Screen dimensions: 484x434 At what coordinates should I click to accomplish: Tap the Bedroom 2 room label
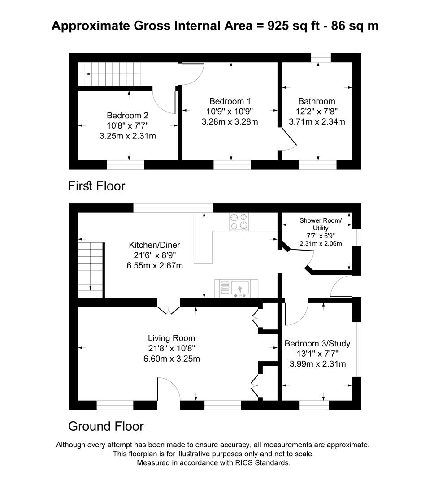pos(127,115)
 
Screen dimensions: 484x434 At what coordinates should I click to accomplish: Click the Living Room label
pos(172,338)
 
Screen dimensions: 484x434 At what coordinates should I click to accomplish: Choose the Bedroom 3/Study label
pos(317,344)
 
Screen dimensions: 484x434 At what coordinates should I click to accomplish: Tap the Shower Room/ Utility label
pos(321,224)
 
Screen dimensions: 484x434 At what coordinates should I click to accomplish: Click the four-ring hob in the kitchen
pos(239,221)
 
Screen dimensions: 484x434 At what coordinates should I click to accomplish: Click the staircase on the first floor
pos(110,74)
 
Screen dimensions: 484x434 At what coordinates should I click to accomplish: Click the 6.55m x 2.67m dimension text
pos(155,265)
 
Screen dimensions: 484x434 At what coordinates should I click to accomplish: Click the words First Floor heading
pos(96,186)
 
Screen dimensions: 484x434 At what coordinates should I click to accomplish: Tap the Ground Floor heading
pos(106,426)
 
